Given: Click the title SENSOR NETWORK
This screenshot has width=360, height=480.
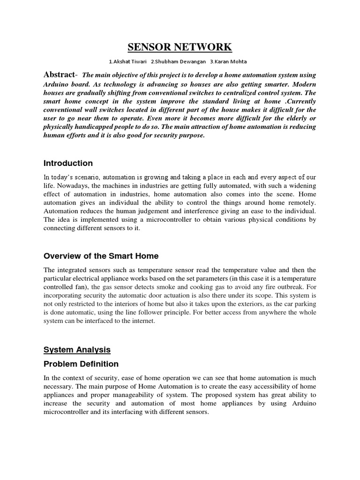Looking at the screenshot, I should point(180,47).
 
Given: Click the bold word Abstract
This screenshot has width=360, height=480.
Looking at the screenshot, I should point(59,75).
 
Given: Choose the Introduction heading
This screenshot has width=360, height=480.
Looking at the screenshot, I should point(68,163).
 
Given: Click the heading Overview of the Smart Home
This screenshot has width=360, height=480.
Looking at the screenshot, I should point(101,256).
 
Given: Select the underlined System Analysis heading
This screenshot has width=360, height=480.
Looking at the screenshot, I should point(77,349).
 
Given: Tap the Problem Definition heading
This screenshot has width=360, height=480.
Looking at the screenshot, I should point(81,364).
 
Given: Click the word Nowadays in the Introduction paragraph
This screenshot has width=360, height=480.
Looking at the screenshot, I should point(75,186).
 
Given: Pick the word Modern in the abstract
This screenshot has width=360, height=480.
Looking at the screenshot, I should point(303,84).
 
